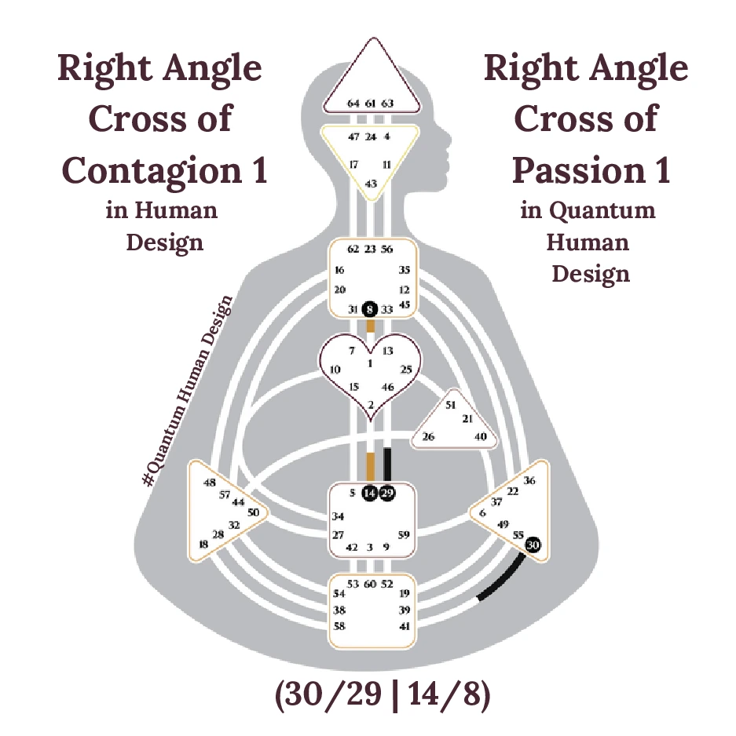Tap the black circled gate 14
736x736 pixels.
370,494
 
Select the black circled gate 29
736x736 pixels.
387,494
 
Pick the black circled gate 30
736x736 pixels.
533,544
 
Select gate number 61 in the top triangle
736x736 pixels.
370,103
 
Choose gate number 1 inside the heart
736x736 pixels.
370,364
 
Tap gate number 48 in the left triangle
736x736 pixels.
209,483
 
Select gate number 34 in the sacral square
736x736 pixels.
338,516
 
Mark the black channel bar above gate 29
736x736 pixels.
387,465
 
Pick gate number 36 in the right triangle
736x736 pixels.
529,481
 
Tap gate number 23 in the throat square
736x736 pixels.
370,249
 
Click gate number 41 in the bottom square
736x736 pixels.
405,626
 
